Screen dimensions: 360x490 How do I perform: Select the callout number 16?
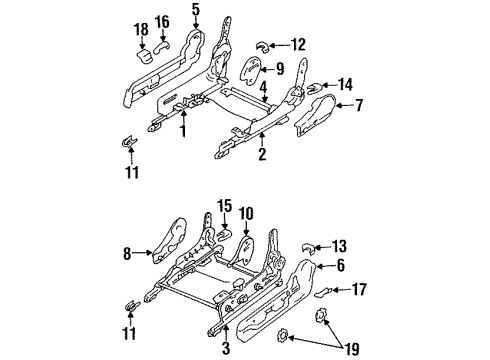click(x=163, y=21)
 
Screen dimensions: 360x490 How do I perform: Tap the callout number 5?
click(x=196, y=11)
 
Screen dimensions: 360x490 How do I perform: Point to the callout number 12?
click(x=298, y=44)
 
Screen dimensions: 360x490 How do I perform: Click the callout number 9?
click(x=279, y=69)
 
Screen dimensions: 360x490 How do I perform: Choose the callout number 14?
click(x=346, y=84)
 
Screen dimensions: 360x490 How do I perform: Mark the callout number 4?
click(x=263, y=88)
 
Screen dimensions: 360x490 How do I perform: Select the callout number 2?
click(x=262, y=155)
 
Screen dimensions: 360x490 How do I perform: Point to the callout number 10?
click(x=246, y=213)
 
